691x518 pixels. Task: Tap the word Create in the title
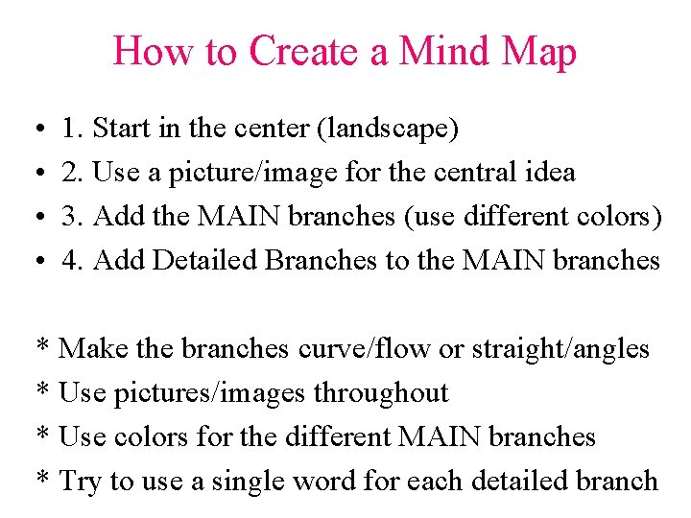coord(304,50)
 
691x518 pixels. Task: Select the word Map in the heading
coord(539,50)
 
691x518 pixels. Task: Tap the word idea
coord(550,173)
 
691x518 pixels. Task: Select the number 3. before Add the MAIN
coord(71,217)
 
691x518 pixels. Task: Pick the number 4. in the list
coord(71,261)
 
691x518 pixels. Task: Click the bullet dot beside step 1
coord(34,129)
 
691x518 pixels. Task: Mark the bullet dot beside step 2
coord(34,174)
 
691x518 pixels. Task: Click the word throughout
coord(390,393)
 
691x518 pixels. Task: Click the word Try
coord(81,482)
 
